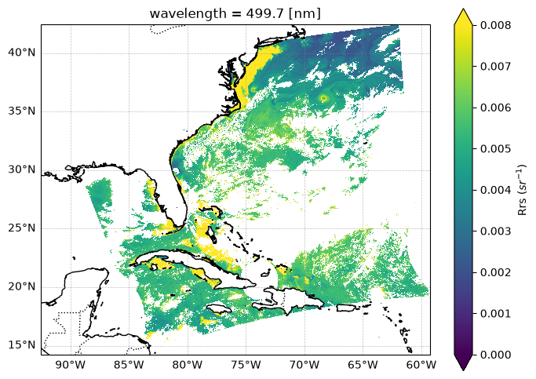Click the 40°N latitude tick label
click(x=21, y=53)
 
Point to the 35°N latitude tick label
click(x=21, y=111)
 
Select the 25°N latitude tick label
click(x=21, y=228)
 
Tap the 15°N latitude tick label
click(x=21, y=344)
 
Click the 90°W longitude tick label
click(x=71, y=365)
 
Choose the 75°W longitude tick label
click(x=246, y=365)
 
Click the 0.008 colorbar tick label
click(x=496, y=25)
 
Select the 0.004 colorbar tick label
click(x=496, y=190)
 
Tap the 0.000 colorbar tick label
click(x=496, y=355)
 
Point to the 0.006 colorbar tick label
click(x=496, y=108)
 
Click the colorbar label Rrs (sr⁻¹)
click(x=522, y=190)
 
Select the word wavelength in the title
click(x=188, y=13)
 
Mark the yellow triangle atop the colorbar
click(x=464, y=17)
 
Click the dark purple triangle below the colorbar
click(x=464, y=363)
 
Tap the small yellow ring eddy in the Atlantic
click(x=324, y=99)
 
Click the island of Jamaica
click(x=219, y=308)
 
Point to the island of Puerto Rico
click(x=348, y=308)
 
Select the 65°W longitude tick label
click(x=363, y=365)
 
